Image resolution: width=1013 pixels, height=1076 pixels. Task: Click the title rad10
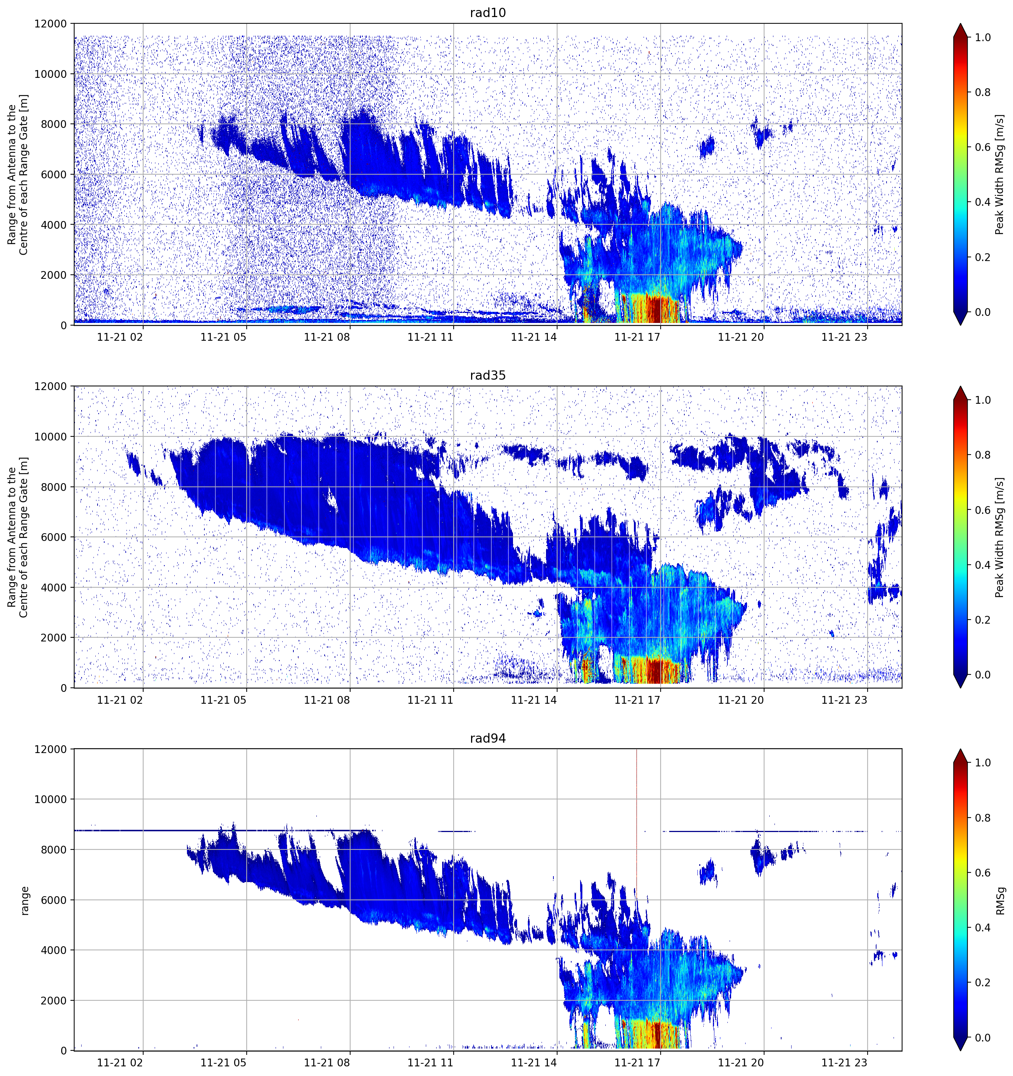[487, 13]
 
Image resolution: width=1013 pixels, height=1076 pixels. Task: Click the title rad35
[487, 375]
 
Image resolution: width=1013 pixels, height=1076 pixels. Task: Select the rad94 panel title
[487, 738]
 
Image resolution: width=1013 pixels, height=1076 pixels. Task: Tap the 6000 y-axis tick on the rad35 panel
[54, 537]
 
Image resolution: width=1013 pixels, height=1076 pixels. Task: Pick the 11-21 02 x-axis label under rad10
[120, 337]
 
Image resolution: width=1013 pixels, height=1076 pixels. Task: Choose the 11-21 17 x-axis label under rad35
[637, 700]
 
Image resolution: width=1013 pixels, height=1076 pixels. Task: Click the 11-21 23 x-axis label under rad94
[844, 1063]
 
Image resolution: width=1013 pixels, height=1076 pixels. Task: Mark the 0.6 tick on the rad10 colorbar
[983, 147]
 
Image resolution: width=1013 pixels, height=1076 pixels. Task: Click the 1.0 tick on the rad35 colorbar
[983, 400]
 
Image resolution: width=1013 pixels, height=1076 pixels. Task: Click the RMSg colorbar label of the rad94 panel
[1000, 900]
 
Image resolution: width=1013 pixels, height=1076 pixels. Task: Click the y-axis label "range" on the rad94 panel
[24, 901]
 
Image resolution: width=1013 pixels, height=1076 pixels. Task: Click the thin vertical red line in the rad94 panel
[637, 823]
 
